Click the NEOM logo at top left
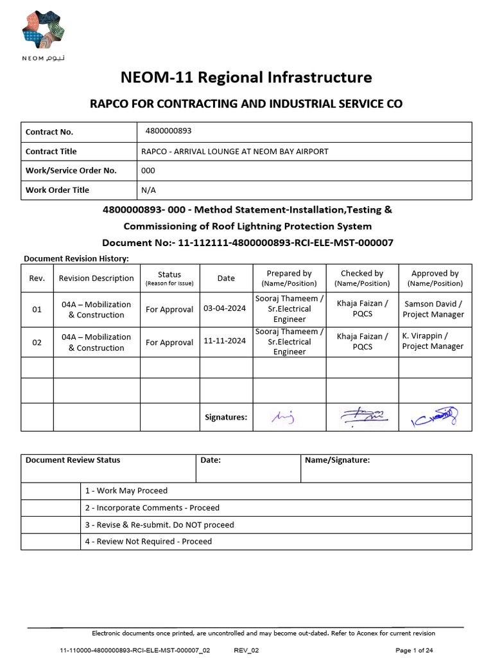43,36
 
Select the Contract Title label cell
51,152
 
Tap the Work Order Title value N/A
148,190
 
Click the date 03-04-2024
225,308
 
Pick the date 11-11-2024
225,342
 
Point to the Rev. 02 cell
37,342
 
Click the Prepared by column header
289,278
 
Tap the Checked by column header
362,278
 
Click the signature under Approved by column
435,417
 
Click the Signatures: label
225,418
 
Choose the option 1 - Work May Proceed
126,491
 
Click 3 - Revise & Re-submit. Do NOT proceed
159,525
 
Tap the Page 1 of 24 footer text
415,650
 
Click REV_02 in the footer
246,650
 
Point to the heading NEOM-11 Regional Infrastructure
246,78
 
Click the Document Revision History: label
76,258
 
